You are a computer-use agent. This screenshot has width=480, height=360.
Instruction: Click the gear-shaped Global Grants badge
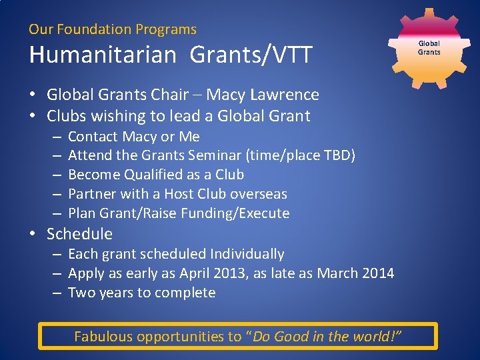point(429,47)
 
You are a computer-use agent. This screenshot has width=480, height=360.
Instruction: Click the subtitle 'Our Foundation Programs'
point(113,29)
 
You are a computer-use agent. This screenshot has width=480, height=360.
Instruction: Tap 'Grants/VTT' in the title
point(251,55)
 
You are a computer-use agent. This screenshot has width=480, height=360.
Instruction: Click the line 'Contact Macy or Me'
point(133,137)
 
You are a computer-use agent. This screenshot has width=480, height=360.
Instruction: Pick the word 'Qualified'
point(157,175)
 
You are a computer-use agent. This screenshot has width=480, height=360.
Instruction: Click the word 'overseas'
point(259,194)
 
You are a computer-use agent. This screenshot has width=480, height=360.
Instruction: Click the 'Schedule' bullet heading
point(79,234)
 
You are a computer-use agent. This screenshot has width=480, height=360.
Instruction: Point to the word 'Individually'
point(247,254)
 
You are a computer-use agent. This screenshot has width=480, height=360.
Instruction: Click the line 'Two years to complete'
point(141,293)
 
